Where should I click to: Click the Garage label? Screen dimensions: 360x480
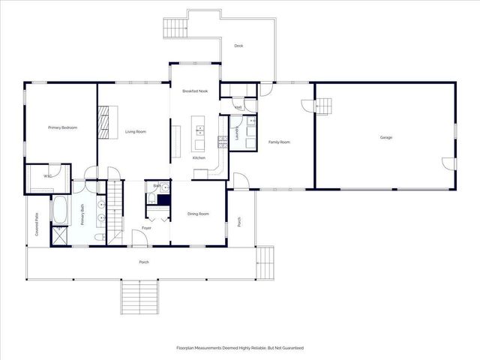click(386, 137)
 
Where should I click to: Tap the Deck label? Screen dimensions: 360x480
click(238, 46)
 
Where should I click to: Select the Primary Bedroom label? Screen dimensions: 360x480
click(63, 127)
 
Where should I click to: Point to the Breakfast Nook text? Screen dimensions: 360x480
click(195, 91)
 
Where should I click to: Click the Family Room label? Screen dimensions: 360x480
click(279, 142)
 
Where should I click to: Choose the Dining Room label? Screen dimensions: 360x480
click(198, 214)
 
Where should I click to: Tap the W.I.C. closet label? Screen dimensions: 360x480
click(47, 176)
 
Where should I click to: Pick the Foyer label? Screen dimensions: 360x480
click(146, 228)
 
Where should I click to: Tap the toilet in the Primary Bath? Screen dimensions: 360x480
click(100, 237)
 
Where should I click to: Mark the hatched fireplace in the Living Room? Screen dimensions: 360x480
click(104, 118)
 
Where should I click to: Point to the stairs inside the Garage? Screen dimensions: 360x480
click(321, 106)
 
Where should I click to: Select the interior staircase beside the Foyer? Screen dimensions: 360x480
click(115, 210)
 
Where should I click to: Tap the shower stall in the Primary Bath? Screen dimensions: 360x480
click(60, 235)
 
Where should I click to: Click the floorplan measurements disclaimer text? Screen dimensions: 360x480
click(240, 348)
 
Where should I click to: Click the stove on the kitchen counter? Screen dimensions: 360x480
click(222, 139)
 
